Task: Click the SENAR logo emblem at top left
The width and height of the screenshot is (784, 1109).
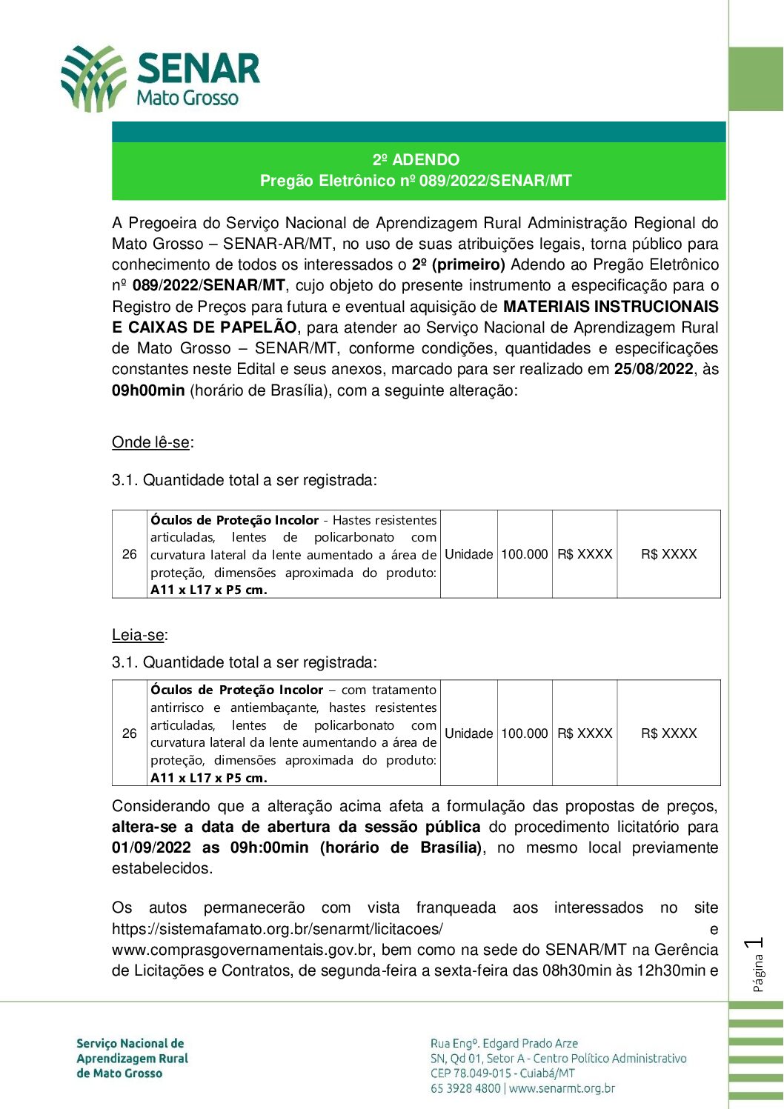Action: coord(93,78)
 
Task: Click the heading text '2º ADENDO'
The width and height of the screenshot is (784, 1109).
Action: coord(416,160)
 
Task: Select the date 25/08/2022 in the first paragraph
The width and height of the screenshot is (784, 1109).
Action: coord(654,370)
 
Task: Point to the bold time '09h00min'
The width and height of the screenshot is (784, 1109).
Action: coord(148,390)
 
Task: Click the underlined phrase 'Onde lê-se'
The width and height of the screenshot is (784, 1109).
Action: coord(150,443)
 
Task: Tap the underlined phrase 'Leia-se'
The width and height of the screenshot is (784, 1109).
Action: coord(138,635)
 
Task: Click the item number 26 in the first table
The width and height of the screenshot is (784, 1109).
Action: coord(130,554)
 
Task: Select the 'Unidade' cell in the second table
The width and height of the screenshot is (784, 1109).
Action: coord(468,733)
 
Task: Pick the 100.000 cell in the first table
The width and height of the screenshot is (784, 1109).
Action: coord(525,554)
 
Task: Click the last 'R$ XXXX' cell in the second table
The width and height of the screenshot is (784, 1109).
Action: coord(668,733)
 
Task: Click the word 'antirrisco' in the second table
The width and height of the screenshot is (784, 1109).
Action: coord(177,707)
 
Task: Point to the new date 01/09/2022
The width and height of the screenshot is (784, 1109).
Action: coord(151,847)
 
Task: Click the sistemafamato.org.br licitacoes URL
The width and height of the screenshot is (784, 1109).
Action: coord(277,929)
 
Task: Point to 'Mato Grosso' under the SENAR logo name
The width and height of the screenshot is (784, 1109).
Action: coord(187,98)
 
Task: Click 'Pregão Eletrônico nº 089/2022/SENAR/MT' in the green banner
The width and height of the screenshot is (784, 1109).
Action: coord(416,181)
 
